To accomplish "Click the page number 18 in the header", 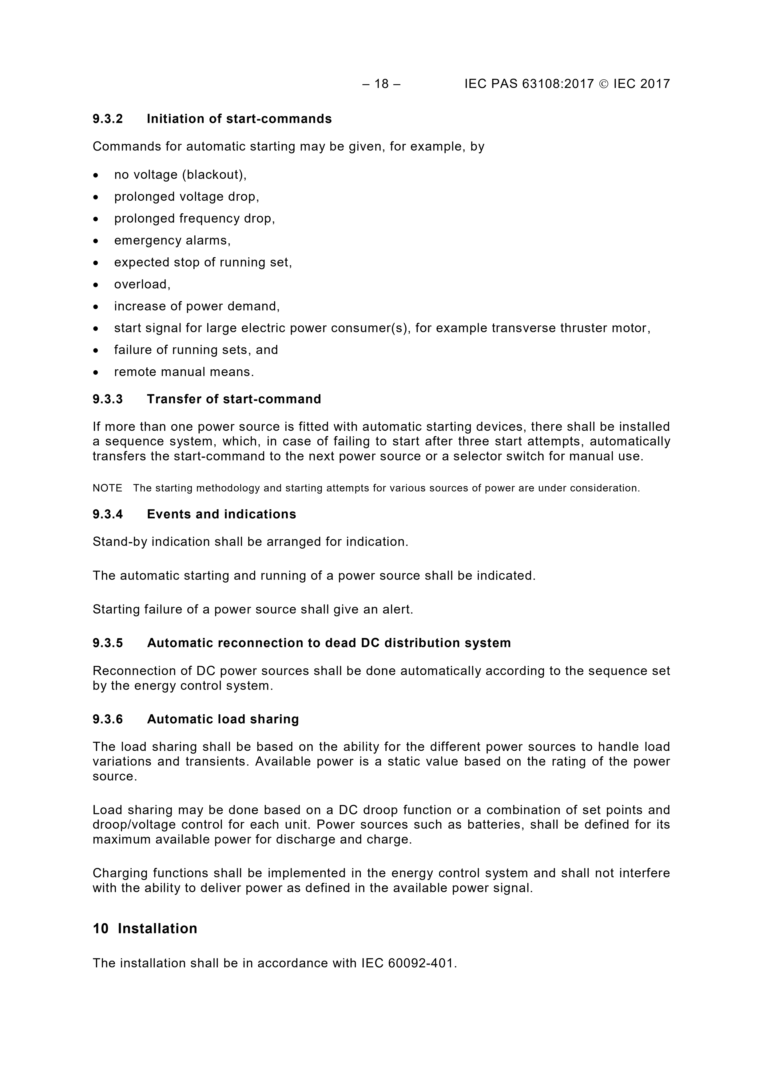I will pos(381,84).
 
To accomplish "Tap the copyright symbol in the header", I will pos(604,84).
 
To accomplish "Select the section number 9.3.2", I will pos(108,119).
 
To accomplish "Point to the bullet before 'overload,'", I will pos(96,285).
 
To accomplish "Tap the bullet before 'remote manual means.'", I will pos(96,372).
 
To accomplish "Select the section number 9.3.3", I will pos(108,399).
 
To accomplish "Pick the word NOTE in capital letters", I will pos(107,488).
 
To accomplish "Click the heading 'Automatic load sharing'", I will pos(223,719).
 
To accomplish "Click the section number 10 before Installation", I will pos(101,929).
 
